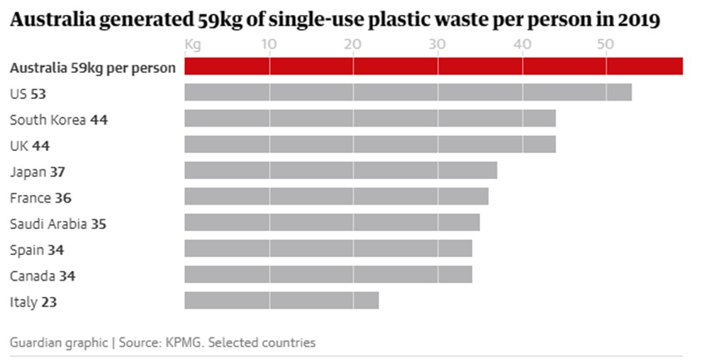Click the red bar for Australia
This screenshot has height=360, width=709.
pyautogui.click(x=433, y=67)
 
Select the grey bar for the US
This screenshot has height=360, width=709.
pyautogui.click(x=408, y=93)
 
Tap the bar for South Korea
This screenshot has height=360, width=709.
pyautogui.click(x=369, y=118)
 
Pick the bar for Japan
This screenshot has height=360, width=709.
pyautogui.click(x=340, y=171)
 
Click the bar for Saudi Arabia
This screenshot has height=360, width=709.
pyautogui.click(x=332, y=223)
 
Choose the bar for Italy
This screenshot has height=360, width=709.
pyautogui.click(x=281, y=300)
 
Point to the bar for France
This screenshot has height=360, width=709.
pyautogui.click(x=336, y=196)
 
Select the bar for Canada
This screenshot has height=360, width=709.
pyautogui.click(x=328, y=274)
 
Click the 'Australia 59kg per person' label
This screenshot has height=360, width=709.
pyautogui.click(x=92, y=69)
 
